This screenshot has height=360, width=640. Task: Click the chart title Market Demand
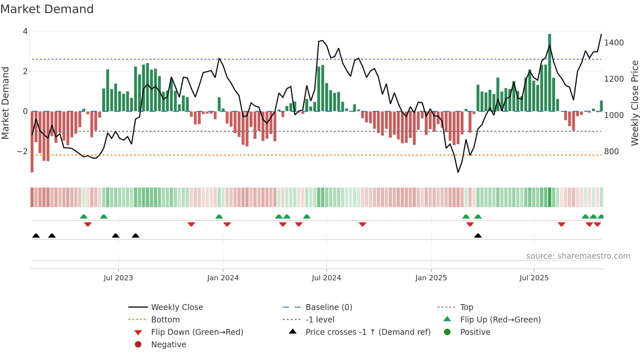click(x=47, y=9)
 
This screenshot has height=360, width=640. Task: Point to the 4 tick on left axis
click(x=25, y=31)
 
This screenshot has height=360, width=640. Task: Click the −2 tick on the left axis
click(x=22, y=152)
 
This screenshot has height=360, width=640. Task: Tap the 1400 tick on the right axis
click(x=614, y=43)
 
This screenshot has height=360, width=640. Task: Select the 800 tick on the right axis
click(x=611, y=152)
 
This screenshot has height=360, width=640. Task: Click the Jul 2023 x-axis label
click(x=118, y=278)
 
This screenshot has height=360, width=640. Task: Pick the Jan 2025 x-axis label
click(x=431, y=278)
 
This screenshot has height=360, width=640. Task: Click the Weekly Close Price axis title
click(x=634, y=103)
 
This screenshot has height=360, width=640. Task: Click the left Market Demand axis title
click(x=6, y=103)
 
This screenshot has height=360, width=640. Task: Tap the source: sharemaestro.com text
click(x=578, y=256)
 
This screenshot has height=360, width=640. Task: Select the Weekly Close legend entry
click(x=177, y=307)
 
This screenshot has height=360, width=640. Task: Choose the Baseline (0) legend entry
click(x=328, y=307)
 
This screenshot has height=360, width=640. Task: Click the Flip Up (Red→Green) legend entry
click(x=500, y=320)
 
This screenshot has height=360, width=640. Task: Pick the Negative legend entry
click(x=168, y=345)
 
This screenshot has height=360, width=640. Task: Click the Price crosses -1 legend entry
click(x=368, y=332)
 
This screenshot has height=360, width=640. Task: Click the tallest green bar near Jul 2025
click(x=550, y=73)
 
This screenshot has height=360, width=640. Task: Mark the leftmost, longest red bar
click(x=32, y=142)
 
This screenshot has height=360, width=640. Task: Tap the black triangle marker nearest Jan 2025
click(x=478, y=236)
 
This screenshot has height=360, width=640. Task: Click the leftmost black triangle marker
click(x=36, y=236)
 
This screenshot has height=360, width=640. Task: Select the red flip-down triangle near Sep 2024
click(x=362, y=224)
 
